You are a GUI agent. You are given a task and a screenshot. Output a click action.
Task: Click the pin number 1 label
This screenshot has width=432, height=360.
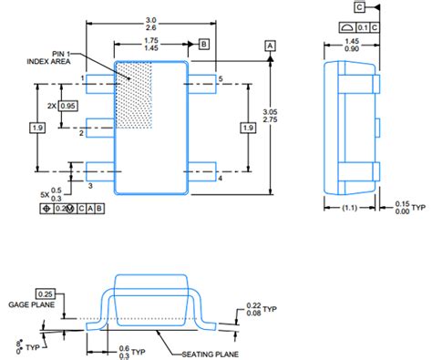pos(82,78)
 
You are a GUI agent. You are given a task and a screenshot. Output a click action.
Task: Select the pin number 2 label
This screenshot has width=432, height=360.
pos(82,133)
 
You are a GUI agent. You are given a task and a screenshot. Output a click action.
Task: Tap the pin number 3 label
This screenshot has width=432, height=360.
pos(89,185)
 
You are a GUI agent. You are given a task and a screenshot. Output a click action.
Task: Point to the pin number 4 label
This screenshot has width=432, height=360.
pos(219,179)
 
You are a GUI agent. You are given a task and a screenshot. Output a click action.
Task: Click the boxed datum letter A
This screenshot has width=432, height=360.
pos(270,44)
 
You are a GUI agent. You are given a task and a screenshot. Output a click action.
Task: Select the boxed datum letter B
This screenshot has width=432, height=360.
pos(204,43)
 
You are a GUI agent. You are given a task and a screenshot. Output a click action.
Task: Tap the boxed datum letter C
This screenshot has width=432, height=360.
pos(360,7)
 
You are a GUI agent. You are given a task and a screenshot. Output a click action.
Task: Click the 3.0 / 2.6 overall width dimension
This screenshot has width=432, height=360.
pos(150,23)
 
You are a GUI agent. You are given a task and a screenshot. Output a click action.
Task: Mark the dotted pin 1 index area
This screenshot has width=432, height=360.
pos(134,91)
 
